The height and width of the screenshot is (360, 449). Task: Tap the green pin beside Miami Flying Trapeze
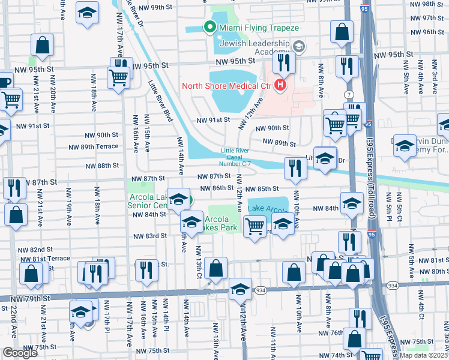click(x=209, y=27)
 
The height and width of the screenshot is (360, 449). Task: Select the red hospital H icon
click(x=280, y=86)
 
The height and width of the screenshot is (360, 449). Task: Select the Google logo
click(x=20, y=353)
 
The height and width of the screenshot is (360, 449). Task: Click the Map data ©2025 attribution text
click(x=423, y=355)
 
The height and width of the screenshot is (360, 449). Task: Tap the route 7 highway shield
click(x=349, y=95)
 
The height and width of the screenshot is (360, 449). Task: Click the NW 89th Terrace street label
click(x=93, y=146)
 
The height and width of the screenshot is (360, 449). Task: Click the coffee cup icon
click(x=4, y=82)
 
